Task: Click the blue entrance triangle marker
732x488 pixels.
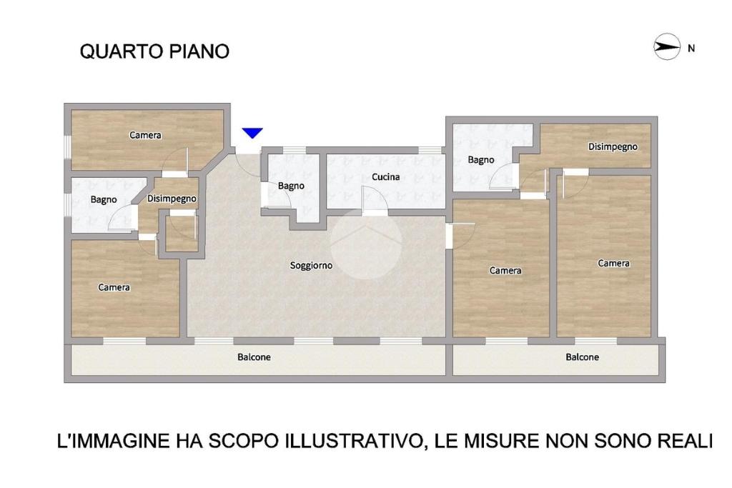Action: click(252, 133)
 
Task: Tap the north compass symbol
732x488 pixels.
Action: click(667, 46)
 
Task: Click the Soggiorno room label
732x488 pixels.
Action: click(312, 266)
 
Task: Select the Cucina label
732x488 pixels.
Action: click(385, 176)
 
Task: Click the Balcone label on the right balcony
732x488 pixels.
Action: click(582, 357)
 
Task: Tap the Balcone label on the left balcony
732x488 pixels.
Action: click(254, 357)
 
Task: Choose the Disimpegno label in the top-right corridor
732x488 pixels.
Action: click(613, 147)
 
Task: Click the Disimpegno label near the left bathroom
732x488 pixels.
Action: click(172, 199)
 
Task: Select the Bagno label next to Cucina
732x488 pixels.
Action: click(292, 186)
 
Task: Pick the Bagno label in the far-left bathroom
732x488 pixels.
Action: click(104, 199)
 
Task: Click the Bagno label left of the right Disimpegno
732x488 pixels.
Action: click(481, 160)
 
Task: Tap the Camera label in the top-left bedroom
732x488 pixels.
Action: click(145, 135)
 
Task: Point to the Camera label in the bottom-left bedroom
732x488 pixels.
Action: click(114, 287)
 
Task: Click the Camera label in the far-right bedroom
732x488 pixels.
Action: click(614, 264)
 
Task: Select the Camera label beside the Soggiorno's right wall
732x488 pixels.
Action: click(505, 271)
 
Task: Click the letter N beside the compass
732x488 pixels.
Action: click(691, 48)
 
